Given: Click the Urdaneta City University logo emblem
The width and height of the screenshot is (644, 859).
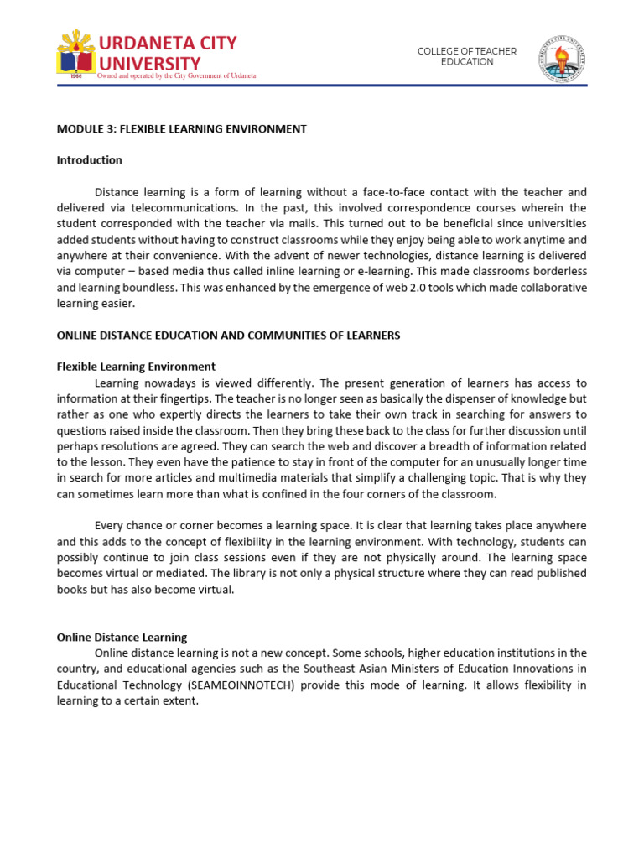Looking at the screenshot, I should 76,54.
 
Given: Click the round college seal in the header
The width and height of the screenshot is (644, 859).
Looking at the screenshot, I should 562,58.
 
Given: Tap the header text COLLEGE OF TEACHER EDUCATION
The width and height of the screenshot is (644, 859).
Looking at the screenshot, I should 467,57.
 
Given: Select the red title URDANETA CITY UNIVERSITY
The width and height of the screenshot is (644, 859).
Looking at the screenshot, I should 168,53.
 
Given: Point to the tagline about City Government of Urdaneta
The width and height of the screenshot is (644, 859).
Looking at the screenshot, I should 177,75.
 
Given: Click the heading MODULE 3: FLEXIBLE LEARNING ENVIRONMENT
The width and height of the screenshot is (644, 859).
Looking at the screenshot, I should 181,129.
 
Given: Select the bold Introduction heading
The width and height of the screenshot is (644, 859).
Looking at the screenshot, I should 89,160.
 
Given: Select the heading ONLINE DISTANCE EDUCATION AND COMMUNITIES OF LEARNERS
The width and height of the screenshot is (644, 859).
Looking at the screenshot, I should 228,336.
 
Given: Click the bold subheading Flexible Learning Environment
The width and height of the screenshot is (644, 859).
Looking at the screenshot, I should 136,367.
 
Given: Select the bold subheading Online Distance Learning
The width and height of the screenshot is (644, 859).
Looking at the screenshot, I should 122,638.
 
